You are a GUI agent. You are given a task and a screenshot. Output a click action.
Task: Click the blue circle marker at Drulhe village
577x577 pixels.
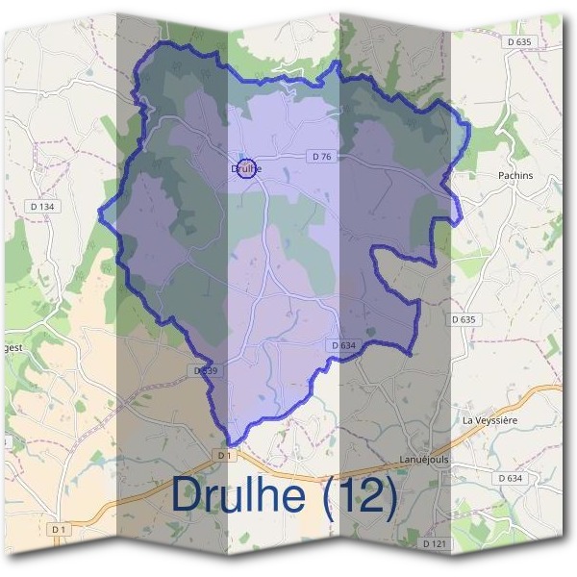pos(246,168)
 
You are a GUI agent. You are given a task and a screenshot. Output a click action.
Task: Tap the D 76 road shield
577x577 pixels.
pos(321,157)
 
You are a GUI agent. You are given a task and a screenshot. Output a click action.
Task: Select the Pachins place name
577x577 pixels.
pos(515,176)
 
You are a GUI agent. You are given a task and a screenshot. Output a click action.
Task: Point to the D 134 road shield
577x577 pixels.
pos(42,204)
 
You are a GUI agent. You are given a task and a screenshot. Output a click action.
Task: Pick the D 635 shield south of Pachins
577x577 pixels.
pos(464,319)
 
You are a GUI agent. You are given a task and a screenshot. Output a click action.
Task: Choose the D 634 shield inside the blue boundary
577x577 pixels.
pos(343,345)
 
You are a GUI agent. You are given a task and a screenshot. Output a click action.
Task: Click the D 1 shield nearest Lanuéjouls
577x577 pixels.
pos(224,454)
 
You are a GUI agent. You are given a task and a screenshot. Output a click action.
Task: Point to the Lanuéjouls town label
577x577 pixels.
pos(424,460)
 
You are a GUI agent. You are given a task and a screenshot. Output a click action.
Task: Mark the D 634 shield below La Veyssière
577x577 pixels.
pos(510,478)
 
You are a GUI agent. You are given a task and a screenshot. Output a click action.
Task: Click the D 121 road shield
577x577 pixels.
pos(435,543)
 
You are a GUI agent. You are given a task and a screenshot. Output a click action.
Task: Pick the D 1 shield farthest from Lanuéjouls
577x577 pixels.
pos(60,529)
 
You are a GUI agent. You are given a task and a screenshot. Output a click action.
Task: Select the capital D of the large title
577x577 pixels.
pos(188,496)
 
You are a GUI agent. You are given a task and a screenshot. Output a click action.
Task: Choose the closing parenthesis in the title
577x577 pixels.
pos(389,497)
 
